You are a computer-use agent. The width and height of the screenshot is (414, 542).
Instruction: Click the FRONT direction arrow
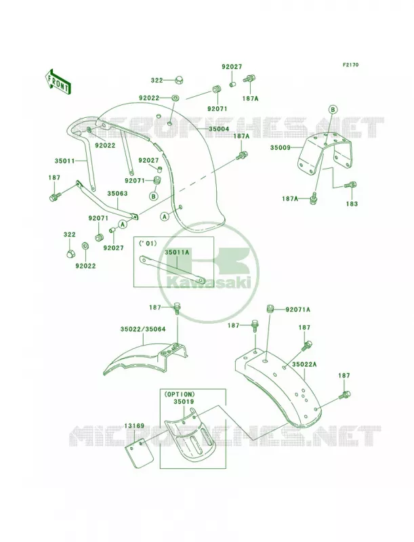(x=58, y=81)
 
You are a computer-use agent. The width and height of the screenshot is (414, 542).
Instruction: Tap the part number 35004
(x=218, y=129)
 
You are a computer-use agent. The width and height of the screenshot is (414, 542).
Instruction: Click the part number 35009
(x=281, y=148)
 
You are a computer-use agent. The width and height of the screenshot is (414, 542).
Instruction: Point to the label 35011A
(x=176, y=252)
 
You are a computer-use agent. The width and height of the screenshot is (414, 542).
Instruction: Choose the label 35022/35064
(x=143, y=329)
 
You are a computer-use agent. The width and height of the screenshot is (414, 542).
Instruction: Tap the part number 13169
(x=135, y=426)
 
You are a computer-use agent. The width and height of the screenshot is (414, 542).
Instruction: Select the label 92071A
(x=297, y=310)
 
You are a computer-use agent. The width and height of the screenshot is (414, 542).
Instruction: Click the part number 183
(x=352, y=204)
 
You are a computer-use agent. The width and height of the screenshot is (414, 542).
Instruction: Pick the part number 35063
(x=117, y=194)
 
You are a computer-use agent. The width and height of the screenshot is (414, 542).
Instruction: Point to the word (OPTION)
(x=180, y=394)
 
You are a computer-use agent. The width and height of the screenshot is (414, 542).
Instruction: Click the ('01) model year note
(x=148, y=243)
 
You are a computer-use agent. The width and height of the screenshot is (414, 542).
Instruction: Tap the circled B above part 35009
(x=332, y=110)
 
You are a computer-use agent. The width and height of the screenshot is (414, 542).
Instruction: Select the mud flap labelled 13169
(x=139, y=453)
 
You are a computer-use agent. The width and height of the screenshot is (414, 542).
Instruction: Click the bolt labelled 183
(x=350, y=185)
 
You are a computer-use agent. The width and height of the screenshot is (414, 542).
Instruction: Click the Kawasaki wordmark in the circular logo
(x=209, y=283)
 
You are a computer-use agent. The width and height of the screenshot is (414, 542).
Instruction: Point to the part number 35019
(x=184, y=402)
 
